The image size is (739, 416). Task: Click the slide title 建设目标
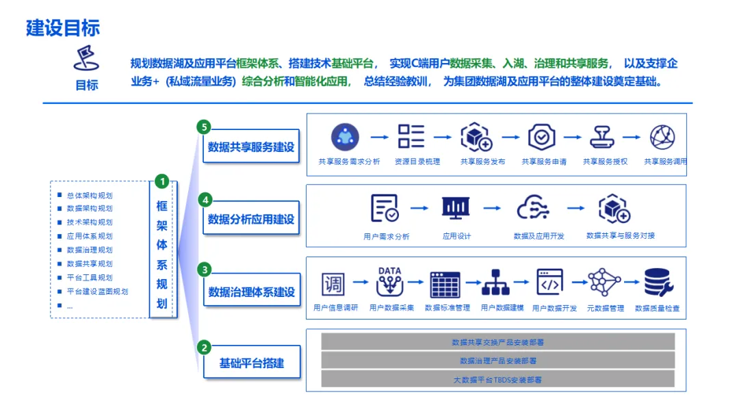coord(63,27)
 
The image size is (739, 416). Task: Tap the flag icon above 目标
coord(86,58)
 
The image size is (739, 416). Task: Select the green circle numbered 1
coord(161,181)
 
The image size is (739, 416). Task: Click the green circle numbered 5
coord(203,127)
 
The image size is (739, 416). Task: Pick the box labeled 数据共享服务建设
coord(251,146)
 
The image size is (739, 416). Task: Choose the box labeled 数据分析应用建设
coord(251,219)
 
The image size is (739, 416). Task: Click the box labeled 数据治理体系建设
coord(251,292)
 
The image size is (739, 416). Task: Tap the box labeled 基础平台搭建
coord(251,363)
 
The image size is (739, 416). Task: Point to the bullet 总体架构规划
coord(90,195)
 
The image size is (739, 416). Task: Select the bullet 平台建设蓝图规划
coord(97,291)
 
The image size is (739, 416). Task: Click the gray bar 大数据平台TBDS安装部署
coord(497,379)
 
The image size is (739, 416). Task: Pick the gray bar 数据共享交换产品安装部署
coord(497,342)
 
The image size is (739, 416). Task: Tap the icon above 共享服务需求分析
coord(345,137)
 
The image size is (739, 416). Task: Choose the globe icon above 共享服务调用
coord(662,137)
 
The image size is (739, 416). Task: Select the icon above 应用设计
coord(456,208)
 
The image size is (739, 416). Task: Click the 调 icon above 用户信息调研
coord(333,283)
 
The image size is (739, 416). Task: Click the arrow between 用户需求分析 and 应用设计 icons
coord(419,208)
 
